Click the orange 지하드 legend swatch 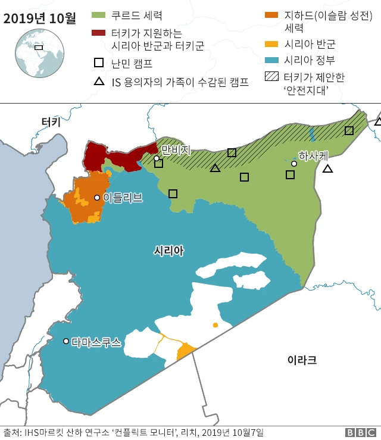[273, 15]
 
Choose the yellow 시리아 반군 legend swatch [273, 44]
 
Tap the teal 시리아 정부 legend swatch [273, 60]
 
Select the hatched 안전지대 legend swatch [273, 77]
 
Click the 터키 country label [51, 122]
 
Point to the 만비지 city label [176, 150]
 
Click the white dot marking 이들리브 [96, 198]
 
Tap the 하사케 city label [313, 156]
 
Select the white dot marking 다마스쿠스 [66, 341]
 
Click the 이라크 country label [302, 360]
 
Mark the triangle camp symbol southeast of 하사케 [327, 169]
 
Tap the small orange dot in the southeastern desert [215, 325]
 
